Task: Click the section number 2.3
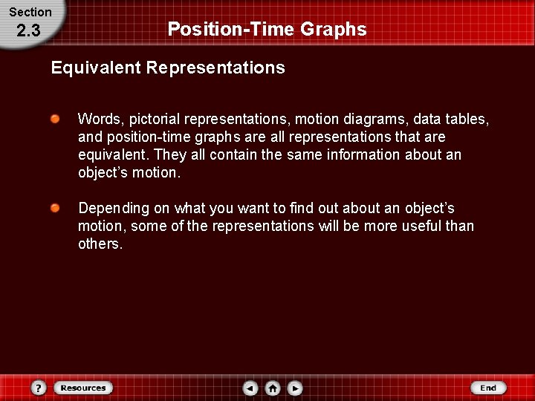click(x=28, y=32)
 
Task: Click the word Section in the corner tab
click(x=30, y=12)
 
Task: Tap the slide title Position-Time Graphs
click(x=267, y=29)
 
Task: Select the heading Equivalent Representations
click(x=168, y=68)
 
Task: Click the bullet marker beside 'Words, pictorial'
click(x=56, y=119)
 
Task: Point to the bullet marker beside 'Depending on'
click(x=56, y=208)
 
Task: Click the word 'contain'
click(x=233, y=154)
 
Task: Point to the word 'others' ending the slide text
click(x=99, y=244)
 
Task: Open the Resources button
click(x=83, y=388)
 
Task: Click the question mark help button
click(x=39, y=388)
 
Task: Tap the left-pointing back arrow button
click(x=250, y=388)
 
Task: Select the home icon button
click(x=273, y=388)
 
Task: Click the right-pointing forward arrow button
click(x=295, y=388)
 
